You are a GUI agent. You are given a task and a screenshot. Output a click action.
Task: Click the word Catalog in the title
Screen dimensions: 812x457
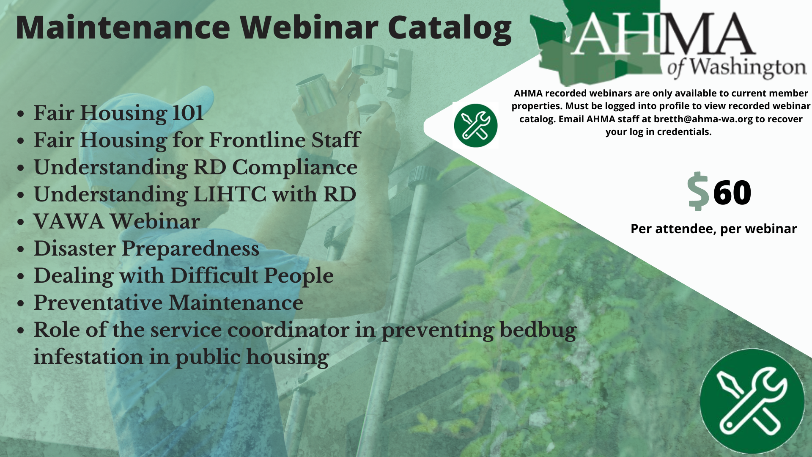(x=450, y=28)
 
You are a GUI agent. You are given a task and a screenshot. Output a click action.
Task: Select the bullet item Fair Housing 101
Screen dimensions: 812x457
(x=118, y=113)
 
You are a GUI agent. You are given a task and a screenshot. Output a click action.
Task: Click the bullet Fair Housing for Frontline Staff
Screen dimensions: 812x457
(x=197, y=140)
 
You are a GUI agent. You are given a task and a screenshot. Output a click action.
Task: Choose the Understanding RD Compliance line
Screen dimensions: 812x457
(x=195, y=168)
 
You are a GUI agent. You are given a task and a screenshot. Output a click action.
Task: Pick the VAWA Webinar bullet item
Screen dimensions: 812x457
(x=117, y=222)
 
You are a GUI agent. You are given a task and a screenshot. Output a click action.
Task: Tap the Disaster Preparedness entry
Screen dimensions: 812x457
(x=146, y=249)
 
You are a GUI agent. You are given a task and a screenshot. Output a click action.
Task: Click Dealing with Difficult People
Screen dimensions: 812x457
(x=184, y=276)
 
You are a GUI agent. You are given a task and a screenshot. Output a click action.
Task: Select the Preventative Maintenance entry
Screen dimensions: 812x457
(x=168, y=303)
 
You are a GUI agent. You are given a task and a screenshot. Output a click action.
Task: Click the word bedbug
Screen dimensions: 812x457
(x=538, y=330)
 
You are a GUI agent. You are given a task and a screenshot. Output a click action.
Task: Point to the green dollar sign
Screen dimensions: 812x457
(x=698, y=191)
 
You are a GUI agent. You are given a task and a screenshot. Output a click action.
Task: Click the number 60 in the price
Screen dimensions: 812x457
(x=732, y=193)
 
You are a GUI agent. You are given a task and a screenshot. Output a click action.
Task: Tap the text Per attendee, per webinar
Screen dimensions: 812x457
(x=713, y=229)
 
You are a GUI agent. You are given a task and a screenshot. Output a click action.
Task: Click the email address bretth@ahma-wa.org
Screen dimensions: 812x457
(x=703, y=119)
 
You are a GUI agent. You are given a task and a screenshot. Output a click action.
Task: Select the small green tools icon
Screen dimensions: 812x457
(x=476, y=126)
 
